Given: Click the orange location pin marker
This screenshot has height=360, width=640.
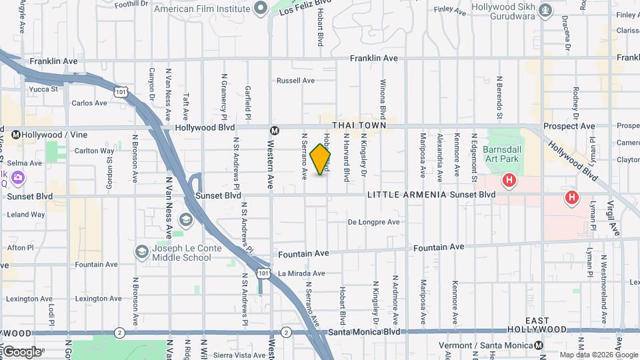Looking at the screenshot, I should [321, 159].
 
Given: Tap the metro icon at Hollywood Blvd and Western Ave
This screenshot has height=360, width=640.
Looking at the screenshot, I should [273, 131].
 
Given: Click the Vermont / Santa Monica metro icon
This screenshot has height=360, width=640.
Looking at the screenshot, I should [539, 345].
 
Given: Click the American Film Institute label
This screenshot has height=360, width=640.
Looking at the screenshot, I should [202, 9].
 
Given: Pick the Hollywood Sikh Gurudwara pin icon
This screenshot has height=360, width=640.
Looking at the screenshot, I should [545, 9].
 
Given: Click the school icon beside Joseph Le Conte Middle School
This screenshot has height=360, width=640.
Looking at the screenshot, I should [141, 251].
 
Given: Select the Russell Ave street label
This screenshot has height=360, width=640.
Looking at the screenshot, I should [295, 81].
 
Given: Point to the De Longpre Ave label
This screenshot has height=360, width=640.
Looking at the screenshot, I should [373, 222].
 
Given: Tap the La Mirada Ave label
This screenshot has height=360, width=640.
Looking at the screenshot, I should [301, 273].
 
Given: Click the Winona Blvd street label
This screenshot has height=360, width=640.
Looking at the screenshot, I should [383, 101].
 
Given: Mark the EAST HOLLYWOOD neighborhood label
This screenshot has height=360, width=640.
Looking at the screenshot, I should [537, 325].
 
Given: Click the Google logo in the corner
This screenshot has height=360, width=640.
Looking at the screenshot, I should [21, 351].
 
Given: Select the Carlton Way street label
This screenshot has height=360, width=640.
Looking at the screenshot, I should [94, 151].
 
